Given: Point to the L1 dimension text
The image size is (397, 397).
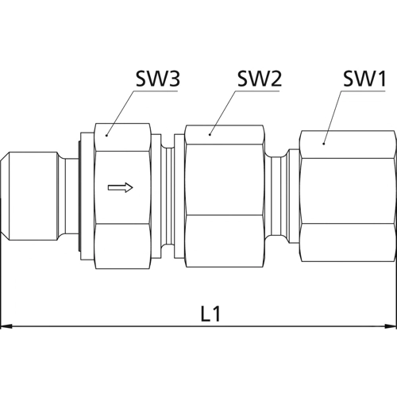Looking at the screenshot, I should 210,314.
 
